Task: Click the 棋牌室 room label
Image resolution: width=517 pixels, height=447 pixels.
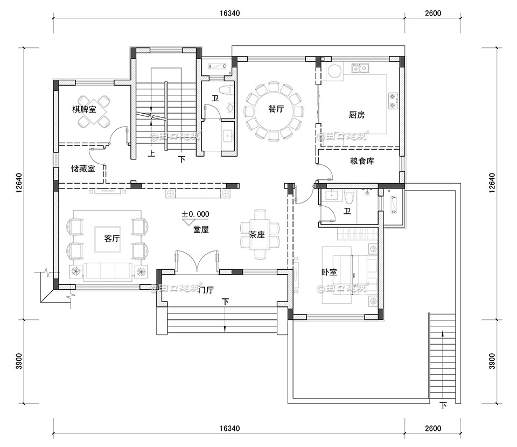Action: click(84, 109)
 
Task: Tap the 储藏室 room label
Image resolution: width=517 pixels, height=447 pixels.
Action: click(83, 169)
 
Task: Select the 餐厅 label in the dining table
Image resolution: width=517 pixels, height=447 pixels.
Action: click(276, 109)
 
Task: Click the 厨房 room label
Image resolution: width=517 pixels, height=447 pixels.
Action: click(357, 115)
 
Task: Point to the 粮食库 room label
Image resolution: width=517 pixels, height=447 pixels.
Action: click(362, 161)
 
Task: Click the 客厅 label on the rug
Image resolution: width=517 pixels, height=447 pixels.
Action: click(111, 239)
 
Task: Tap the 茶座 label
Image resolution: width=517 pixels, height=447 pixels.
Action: click(256, 235)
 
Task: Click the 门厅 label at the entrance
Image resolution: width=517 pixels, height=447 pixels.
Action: click(206, 290)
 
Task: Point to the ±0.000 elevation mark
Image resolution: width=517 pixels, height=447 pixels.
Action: click(195, 214)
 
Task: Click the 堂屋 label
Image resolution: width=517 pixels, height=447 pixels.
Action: click(201, 229)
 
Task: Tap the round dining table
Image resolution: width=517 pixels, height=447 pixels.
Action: click(272, 110)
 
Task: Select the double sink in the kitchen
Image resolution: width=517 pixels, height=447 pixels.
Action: click(359, 68)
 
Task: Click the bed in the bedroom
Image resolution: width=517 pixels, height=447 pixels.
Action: click(350, 274)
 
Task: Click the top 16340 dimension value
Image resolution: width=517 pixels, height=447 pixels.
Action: click(229, 13)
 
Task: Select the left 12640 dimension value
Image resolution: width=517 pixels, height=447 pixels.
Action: click(18, 183)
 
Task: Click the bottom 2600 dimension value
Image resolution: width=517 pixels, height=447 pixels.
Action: click(432, 429)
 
